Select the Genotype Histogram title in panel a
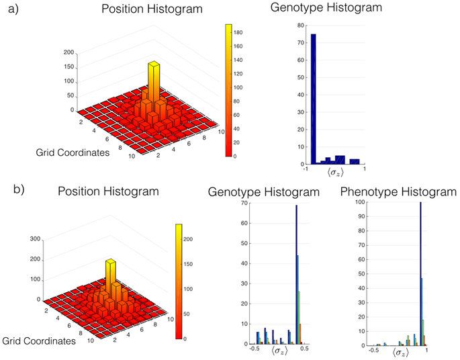(x=326, y=9)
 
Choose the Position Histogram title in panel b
(x=108, y=191)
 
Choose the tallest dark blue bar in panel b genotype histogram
(x=296, y=275)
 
